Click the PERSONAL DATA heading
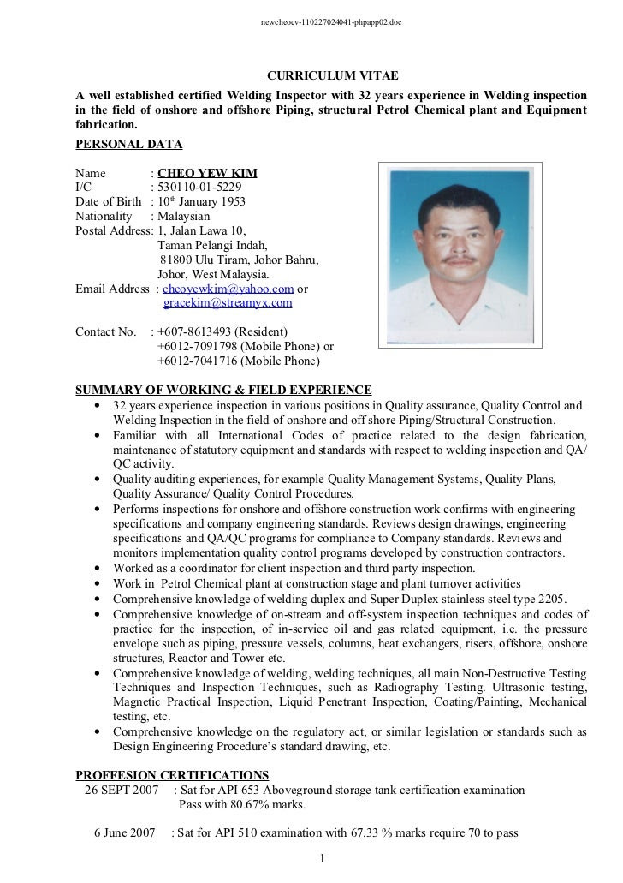[x=128, y=144]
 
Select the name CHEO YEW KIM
[x=207, y=173]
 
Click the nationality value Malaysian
[x=183, y=216]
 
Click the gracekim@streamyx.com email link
[x=228, y=303]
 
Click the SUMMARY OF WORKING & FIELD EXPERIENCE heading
[x=224, y=390]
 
